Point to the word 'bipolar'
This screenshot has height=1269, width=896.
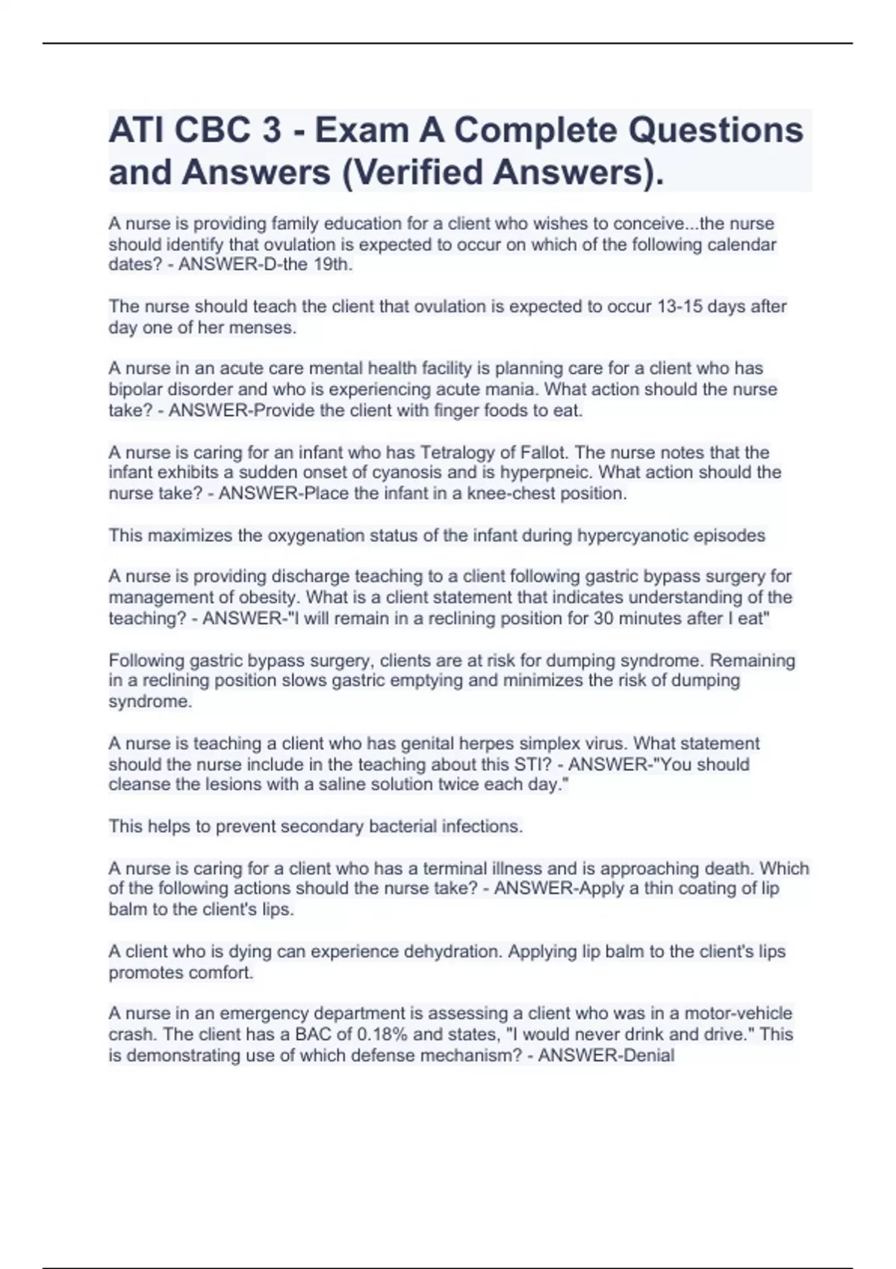click(135, 390)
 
